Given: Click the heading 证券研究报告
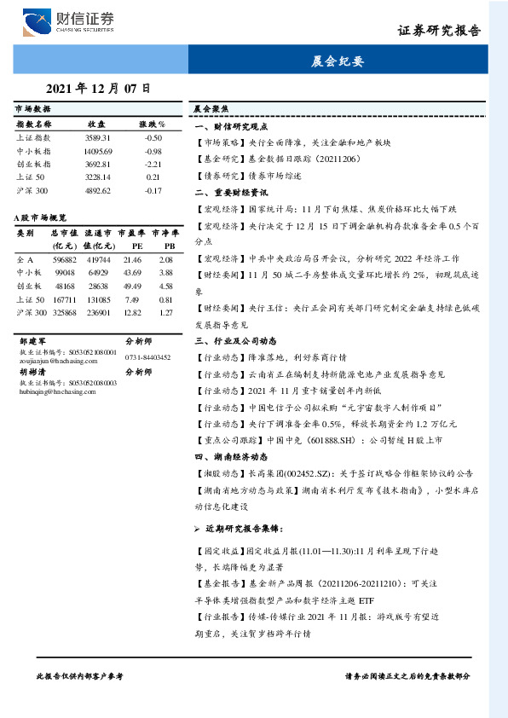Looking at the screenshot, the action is coord(439,31).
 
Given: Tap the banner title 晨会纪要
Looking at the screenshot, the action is coord(338,62).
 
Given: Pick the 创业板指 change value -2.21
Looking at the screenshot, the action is coord(153,164).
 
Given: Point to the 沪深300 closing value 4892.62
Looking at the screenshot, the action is coord(97,190).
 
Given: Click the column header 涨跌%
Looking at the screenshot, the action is coord(153,124).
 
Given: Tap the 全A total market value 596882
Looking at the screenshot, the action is coord(65,259).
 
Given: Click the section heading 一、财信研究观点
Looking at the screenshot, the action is coord(229,125).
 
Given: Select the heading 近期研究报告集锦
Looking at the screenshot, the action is coord(245,530).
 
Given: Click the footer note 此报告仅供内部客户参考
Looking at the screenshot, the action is coord(80,675).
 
